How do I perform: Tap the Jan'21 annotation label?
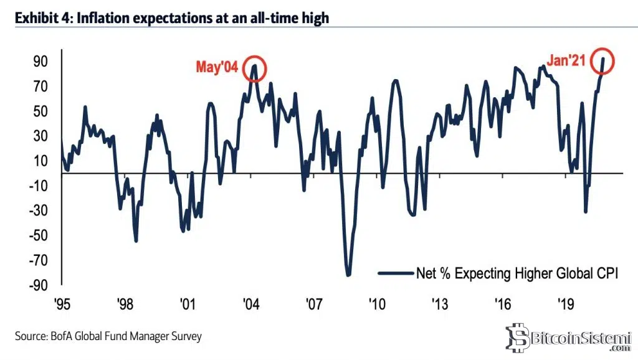click(x=566, y=60)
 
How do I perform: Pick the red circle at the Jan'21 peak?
click(x=602, y=60)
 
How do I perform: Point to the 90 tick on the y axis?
click(x=40, y=62)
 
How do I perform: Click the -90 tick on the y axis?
click(x=38, y=285)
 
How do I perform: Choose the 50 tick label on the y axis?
click(x=40, y=111)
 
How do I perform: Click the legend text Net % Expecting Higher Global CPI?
click(x=517, y=272)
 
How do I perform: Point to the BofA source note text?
click(x=108, y=336)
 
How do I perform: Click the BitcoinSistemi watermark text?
click(x=576, y=338)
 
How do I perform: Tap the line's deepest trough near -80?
click(x=348, y=275)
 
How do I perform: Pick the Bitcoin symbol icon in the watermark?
click(x=517, y=338)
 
